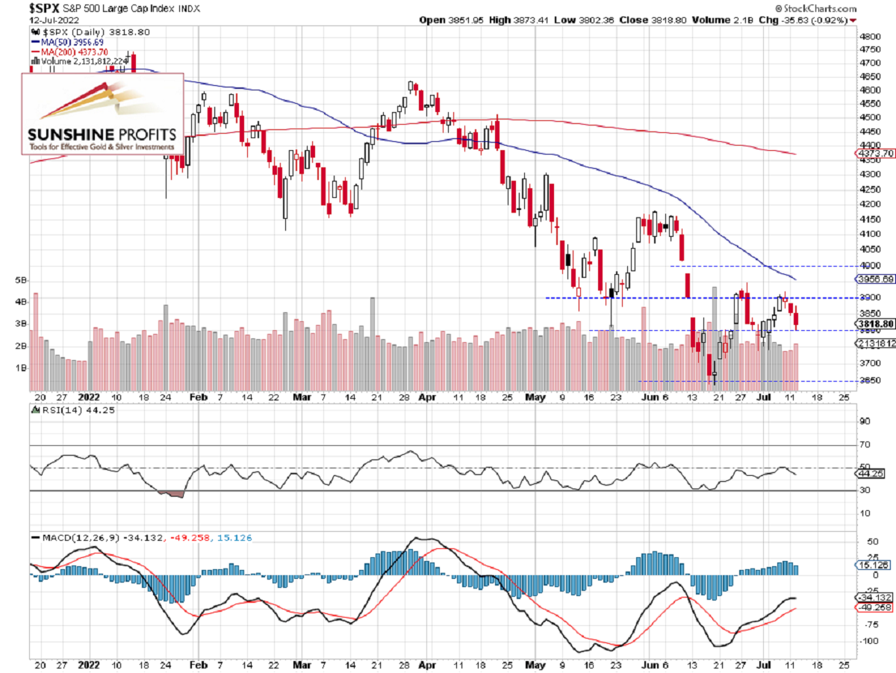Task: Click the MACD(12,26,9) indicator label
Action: [x=73, y=537]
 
